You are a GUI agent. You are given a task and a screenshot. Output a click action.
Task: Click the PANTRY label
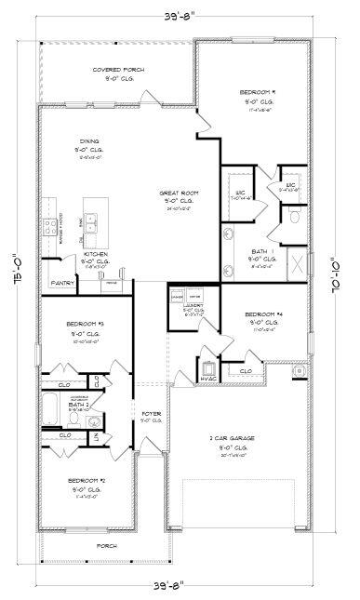click(x=62, y=282)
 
